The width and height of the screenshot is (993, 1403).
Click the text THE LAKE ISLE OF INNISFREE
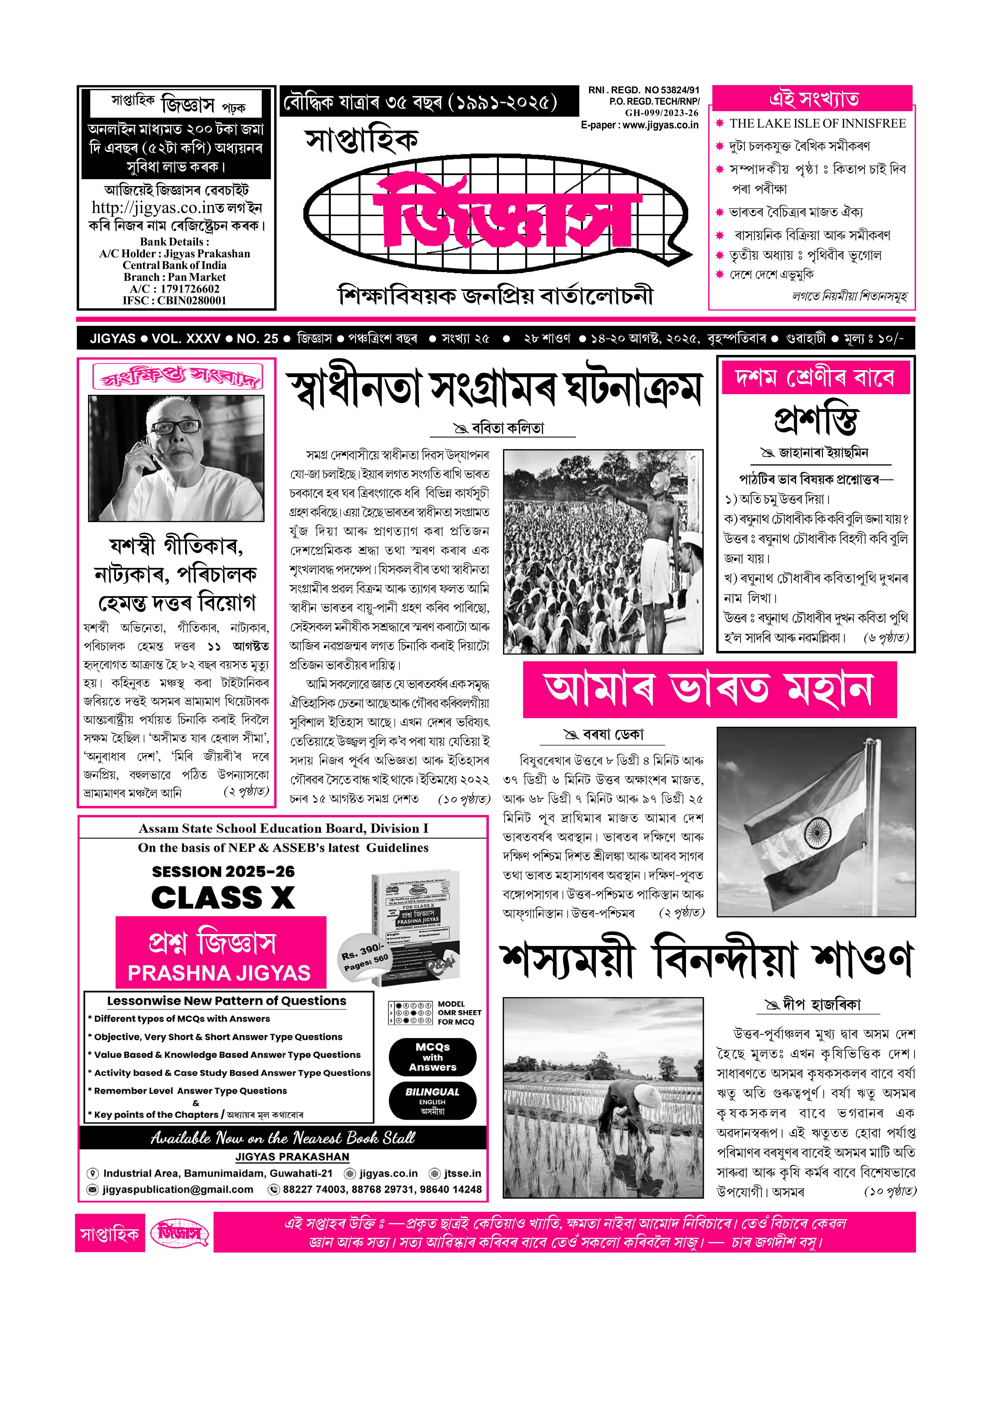point(818,123)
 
